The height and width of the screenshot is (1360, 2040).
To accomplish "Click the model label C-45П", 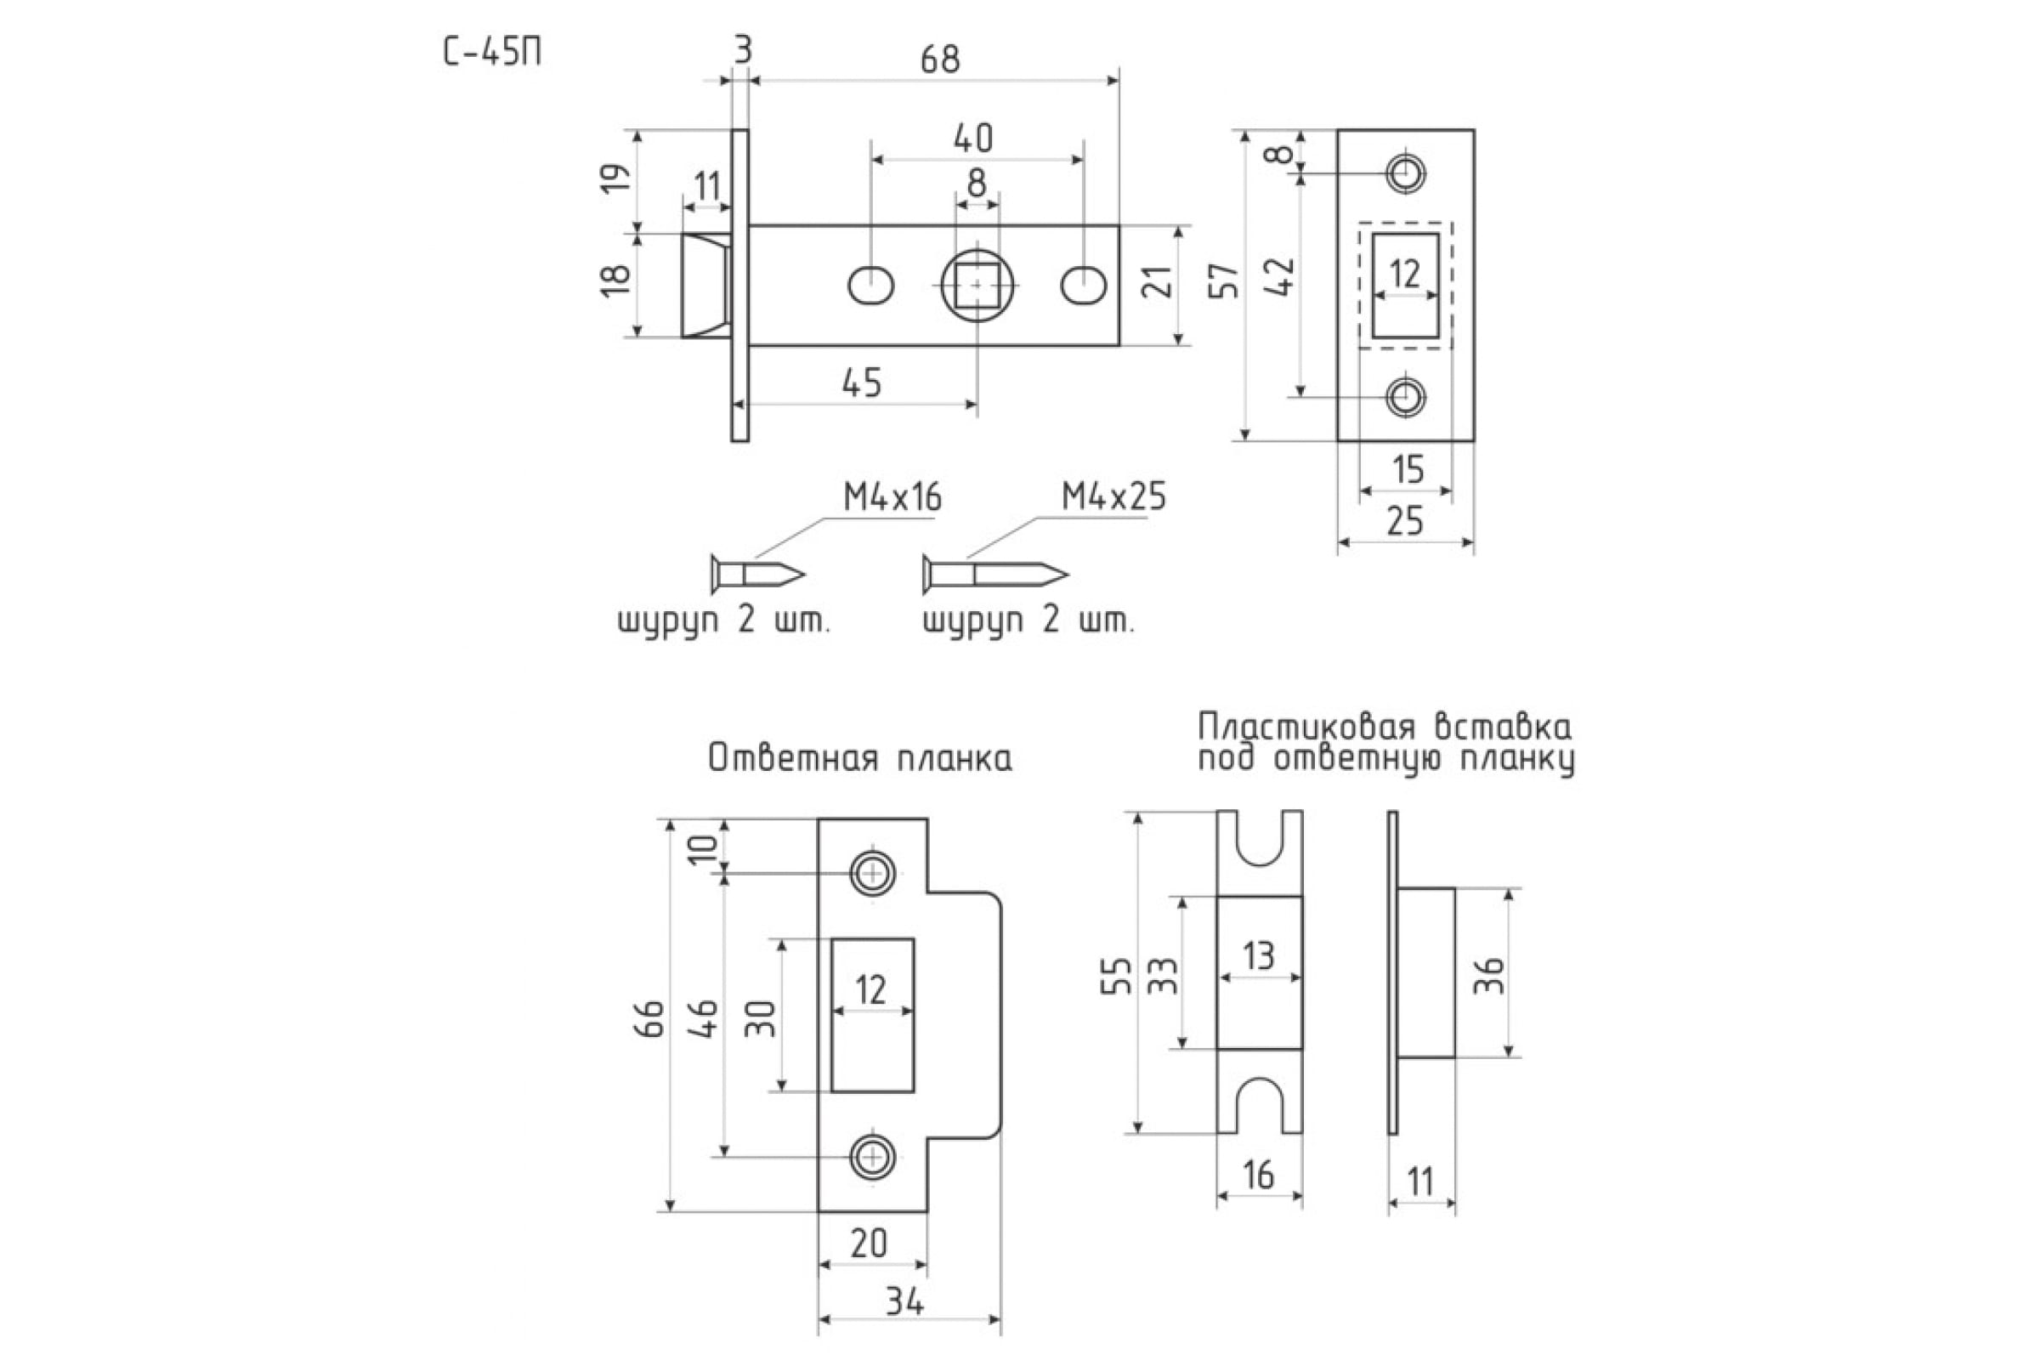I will click(493, 54).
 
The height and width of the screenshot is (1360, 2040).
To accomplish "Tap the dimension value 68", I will click(940, 59).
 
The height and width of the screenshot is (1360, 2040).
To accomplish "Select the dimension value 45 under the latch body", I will click(861, 382).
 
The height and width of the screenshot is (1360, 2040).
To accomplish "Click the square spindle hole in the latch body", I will click(977, 286).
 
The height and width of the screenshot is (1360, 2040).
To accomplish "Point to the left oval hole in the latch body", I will click(870, 286).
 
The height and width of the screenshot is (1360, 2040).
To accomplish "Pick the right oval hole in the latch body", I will click(1083, 286).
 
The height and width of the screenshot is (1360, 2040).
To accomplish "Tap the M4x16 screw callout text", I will click(892, 498).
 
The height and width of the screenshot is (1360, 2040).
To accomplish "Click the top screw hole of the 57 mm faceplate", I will click(1405, 173).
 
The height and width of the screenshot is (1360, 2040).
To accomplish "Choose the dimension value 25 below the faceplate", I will click(1405, 522).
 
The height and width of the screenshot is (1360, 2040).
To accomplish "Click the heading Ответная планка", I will click(859, 758).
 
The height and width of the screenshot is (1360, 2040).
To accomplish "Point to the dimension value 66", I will click(652, 1018).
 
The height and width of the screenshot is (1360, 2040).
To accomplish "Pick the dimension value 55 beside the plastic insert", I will click(1118, 975).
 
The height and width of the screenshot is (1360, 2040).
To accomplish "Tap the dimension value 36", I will click(1488, 975).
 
